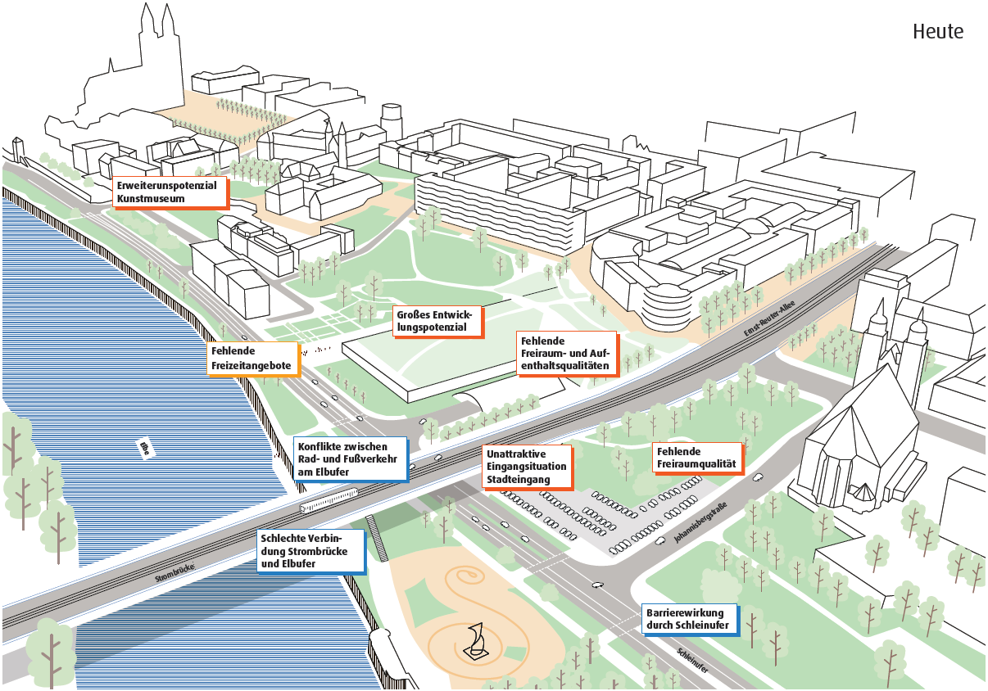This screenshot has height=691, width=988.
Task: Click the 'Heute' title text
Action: (937, 32)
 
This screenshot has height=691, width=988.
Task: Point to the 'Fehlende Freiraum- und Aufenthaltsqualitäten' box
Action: (567, 353)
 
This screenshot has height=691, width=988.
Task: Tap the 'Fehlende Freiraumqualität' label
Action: (696, 458)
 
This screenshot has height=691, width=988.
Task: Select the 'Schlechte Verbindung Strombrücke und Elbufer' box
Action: (312, 552)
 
